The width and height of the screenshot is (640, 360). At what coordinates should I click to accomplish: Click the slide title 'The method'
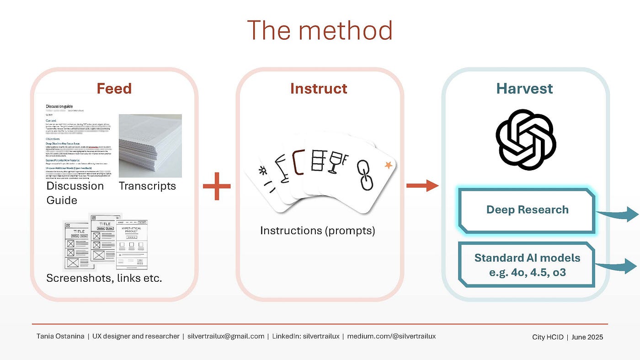(320, 30)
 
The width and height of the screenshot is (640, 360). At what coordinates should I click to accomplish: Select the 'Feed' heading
(114, 88)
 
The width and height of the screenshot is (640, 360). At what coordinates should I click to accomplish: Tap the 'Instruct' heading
(319, 88)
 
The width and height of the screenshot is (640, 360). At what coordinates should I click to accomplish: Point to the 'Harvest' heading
(524, 88)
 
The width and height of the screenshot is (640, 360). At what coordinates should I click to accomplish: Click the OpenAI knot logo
(525, 140)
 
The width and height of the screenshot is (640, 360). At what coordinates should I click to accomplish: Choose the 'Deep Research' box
(527, 210)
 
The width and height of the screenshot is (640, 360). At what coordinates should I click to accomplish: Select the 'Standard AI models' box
(527, 264)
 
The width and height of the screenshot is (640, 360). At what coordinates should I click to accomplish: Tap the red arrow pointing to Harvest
(422, 185)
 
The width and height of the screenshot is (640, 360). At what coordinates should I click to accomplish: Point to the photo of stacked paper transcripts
(150, 145)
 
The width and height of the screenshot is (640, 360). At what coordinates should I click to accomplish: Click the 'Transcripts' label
(147, 186)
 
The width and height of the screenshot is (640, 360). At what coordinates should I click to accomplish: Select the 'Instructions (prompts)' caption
(317, 231)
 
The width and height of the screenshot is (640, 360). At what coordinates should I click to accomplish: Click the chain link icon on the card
(365, 175)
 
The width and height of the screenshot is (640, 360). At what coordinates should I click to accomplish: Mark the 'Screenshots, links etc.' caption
(104, 278)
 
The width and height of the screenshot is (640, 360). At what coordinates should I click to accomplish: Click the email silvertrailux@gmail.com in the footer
(226, 336)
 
